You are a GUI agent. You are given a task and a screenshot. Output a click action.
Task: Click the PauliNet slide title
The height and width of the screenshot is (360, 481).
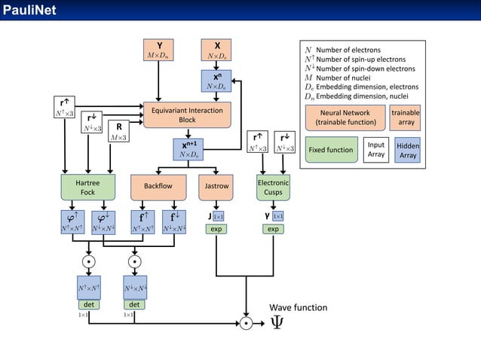(x=28, y=10)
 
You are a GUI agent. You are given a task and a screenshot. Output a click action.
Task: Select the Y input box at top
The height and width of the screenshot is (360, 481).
(x=159, y=49)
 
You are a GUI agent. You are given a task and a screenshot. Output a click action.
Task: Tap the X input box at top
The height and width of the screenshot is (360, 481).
(x=217, y=49)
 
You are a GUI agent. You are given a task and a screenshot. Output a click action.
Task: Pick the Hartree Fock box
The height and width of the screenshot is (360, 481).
(x=88, y=188)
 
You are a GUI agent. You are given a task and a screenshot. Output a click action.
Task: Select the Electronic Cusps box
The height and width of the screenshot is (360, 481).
(x=273, y=188)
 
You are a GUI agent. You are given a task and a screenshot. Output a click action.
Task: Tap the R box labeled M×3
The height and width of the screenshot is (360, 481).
(x=118, y=132)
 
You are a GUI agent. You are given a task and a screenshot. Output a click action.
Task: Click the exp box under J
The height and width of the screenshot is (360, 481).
(x=216, y=228)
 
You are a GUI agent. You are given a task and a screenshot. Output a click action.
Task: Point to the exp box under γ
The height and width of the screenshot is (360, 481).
(x=273, y=228)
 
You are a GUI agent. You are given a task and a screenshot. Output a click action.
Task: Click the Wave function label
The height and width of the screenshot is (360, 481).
(x=299, y=307)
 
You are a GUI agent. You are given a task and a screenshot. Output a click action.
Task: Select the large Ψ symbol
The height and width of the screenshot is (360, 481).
(x=277, y=322)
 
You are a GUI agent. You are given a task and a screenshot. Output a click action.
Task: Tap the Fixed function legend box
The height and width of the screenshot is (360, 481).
(x=331, y=150)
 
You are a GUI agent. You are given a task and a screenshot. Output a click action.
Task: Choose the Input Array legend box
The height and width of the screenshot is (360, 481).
(x=375, y=150)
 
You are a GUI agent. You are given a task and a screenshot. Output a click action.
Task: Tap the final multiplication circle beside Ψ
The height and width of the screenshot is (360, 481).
(x=246, y=323)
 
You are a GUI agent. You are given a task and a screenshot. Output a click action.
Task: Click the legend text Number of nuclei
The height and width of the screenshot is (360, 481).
(x=344, y=78)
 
